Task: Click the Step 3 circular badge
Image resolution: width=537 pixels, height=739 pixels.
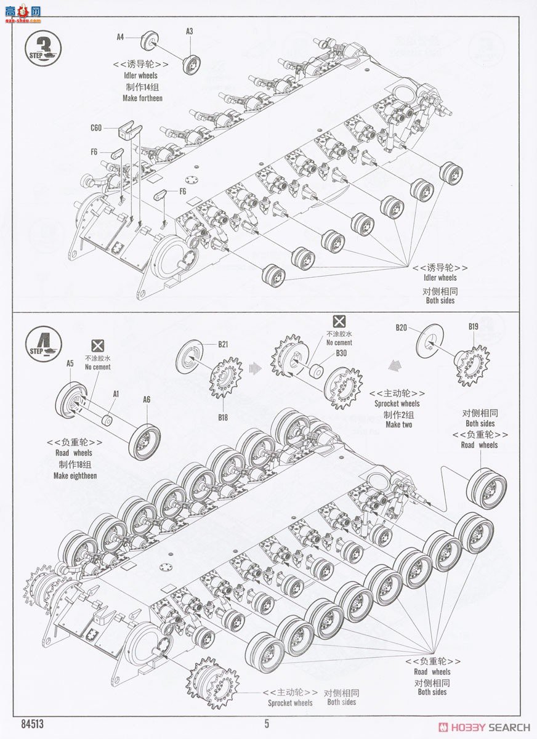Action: click(43, 47)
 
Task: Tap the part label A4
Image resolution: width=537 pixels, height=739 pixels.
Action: click(121, 37)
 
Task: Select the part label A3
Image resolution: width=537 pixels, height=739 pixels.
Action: click(190, 31)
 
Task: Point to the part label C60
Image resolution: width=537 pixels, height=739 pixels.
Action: click(96, 128)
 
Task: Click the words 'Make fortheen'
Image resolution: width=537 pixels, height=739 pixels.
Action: click(142, 98)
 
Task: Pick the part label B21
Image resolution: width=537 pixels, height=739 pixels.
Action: click(222, 345)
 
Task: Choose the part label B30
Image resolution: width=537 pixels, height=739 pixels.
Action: click(341, 353)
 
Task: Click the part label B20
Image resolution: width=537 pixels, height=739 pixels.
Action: click(402, 328)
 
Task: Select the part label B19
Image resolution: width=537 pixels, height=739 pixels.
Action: click(473, 326)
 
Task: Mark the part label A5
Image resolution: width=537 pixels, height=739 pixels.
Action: click(70, 363)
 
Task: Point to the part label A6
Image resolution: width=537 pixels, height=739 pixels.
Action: click(146, 400)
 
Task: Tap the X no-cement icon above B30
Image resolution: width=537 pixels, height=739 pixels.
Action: click(339, 321)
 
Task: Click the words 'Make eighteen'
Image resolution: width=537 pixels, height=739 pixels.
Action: click(75, 475)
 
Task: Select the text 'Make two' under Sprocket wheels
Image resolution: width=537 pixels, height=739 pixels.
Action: click(398, 425)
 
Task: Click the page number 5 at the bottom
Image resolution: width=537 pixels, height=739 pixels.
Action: click(267, 724)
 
